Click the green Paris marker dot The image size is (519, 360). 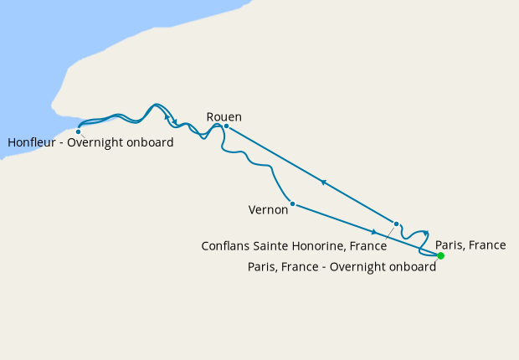[x=440, y=255]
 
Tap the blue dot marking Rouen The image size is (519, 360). [x=226, y=126]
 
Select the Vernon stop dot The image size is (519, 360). [x=291, y=203]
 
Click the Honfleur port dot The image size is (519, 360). [x=78, y=131]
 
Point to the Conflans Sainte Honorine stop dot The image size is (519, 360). [x=396, y=224]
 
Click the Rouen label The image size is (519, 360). [x=224, y=117]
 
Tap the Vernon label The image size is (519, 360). [x=269, y=210]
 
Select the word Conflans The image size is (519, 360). [x=228, y=247]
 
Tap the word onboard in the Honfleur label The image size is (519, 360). [x=152, y=143]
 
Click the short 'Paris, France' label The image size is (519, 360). [x=470, y=245]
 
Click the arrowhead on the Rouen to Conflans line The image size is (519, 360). [x=322, y=183]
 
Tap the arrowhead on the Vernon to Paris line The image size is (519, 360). [x=373, y=231]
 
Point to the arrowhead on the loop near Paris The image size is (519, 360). [x=426, y=234]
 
